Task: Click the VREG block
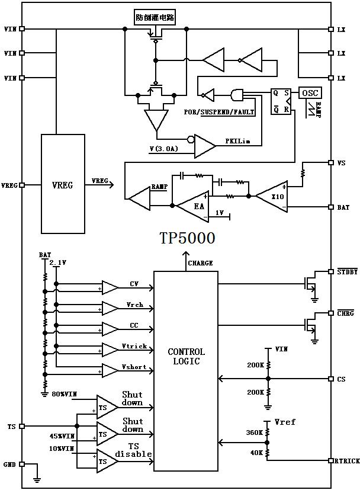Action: click(x=63, y=184)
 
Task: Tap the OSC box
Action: click(x=310, y=93)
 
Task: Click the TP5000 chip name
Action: click(x=187, y=238)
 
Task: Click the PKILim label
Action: click(x=237, y=142)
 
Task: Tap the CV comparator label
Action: click(x=134, y=284)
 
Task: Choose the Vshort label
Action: click(x=134, y=367)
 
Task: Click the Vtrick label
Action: click(x=134, y=346)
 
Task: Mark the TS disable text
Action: click(x=133, y=450)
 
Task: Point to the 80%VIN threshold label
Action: click(x=63, y=394)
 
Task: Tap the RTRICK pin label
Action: click(x=346, y=461)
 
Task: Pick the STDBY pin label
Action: click(x=347, y=272)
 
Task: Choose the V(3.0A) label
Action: click(x=164, y=149)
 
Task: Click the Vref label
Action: click(x=285, y=422)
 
